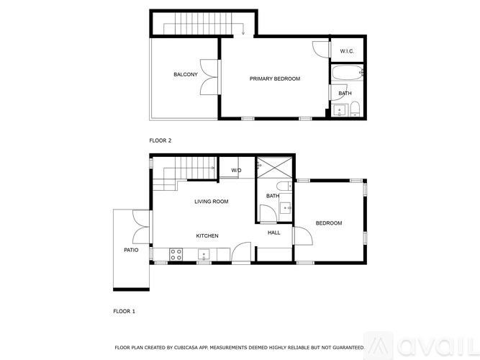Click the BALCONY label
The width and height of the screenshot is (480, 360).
tap(186, 75)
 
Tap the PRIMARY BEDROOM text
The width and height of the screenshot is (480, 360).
tap(275, 78)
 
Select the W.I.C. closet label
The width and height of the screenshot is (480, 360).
tap(347, 50)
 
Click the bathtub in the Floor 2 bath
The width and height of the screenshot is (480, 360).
tap(348, 73)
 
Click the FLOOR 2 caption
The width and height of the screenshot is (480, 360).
tap(160, 140)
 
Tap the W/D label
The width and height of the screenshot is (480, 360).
tap(236, 170)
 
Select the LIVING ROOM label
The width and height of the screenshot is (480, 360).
tap(212, 202)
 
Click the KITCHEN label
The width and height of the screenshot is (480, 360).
tap(207, 236)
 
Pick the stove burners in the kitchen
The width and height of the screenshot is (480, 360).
tap(175, 253)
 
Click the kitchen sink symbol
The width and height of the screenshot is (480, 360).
tap(204, 253)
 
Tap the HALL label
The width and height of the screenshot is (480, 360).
tap(274, 233)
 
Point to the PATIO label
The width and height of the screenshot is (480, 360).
tap(131, 250)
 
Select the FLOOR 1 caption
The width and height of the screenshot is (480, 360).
tap(124, 311)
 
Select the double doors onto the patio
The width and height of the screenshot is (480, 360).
tap(140, 226)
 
